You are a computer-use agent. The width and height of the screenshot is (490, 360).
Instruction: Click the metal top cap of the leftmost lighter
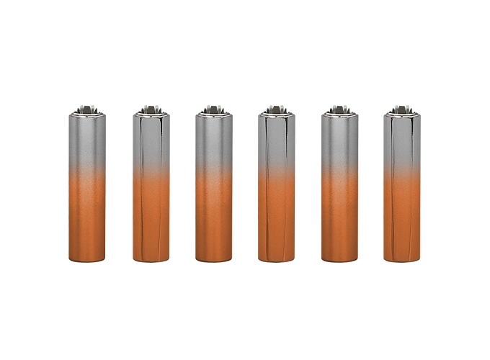tap(88, 110)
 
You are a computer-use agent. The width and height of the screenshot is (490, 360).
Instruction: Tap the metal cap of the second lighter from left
tap(151, 110)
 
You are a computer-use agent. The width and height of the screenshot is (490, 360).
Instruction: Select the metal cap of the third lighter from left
tap(213, 110)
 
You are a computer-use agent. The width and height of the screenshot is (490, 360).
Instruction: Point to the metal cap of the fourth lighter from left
tap(277, 110)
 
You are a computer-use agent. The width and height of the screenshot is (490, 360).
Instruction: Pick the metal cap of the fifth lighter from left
tap(339, 110)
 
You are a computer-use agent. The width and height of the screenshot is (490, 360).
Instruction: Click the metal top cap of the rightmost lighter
tap(402, 110)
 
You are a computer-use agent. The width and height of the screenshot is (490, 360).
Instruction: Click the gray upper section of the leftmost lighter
tap(88, 140)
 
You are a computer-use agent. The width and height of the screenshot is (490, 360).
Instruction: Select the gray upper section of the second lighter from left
tap(151, 140)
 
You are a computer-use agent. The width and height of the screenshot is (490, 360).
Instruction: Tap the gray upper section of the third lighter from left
tap(213, 140)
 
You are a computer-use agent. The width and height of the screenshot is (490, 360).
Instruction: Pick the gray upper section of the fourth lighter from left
tap(277, 140)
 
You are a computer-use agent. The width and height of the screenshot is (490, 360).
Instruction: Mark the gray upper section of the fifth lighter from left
tap(339, 140)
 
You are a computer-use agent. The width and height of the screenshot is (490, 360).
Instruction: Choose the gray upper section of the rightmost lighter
tap(402, 140)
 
